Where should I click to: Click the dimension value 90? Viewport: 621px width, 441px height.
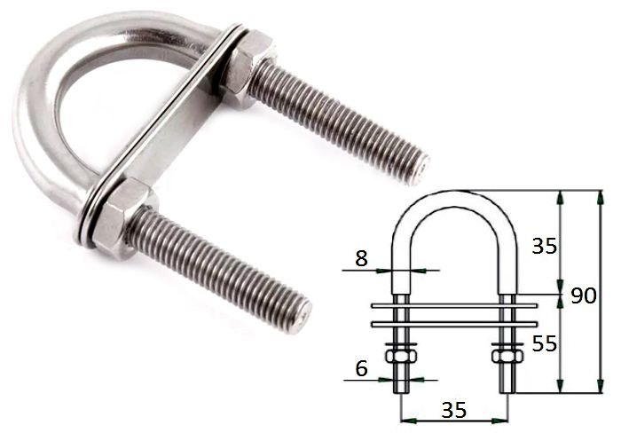584,295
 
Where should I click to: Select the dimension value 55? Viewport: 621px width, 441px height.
544,343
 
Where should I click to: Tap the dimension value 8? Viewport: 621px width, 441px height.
362,259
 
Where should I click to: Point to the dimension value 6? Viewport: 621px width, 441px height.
362,368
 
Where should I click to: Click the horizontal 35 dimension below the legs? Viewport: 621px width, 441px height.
454,410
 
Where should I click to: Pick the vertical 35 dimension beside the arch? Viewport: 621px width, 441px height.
544,246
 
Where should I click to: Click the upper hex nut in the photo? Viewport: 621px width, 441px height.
248,68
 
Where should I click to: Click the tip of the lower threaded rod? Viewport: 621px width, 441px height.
303,316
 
